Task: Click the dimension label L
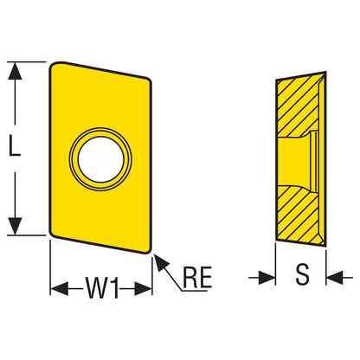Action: (15, 146)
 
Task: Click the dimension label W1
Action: (102, 287)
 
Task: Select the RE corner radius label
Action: (197, 277)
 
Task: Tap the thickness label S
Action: (302, 274)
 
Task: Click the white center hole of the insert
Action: (101, 159)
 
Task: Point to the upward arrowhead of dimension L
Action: (15, 70)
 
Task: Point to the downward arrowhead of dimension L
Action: (15, 227)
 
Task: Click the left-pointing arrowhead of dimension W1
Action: (60, 288)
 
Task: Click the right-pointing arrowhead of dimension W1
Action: (143, 288)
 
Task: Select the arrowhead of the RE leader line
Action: (161, 262)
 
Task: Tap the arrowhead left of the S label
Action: (267, 278)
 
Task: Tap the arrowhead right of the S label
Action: (335, 278)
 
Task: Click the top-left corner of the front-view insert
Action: (54, 65)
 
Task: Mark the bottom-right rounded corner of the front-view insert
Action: (148, 250)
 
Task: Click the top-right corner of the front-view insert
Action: (148, 80)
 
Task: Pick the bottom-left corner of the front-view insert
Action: (53, 234)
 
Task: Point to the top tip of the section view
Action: (325, 72)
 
